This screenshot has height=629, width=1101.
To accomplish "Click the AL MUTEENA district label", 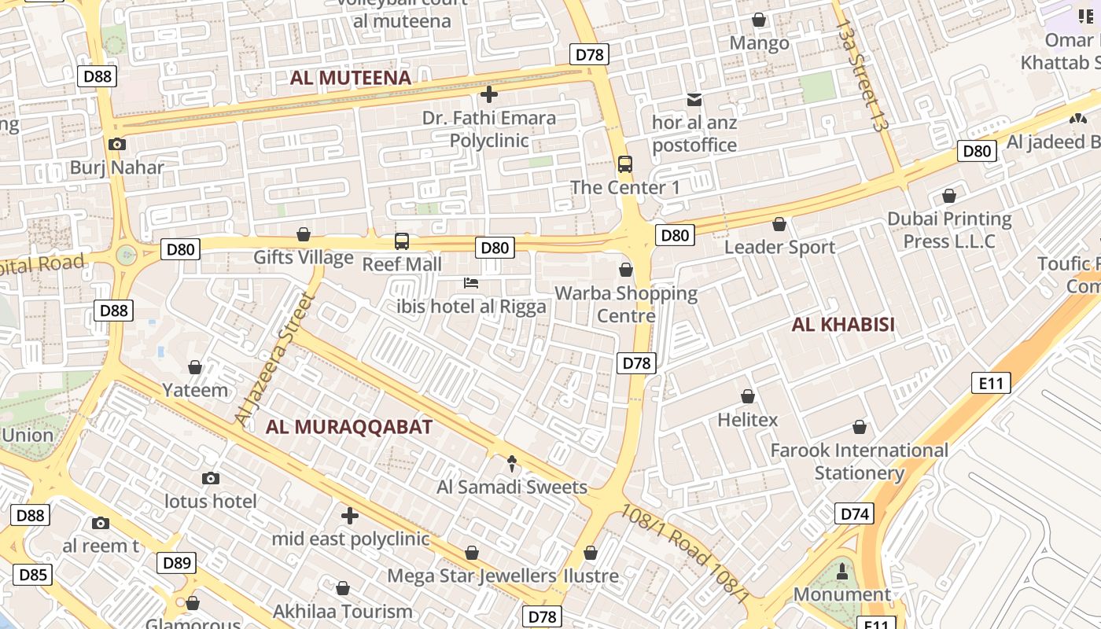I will pyautogui.click(x=351, y=78).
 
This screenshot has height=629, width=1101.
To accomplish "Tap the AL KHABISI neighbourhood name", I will pyautogui.click(x=843, y=325).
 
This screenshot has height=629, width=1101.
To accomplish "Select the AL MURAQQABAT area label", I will pyautogui.click(x=349, y=427).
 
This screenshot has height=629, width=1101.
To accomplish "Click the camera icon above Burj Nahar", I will pyautogui.click(x=117, y=144).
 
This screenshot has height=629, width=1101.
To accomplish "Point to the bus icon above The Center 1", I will pyautogui.click(x=625, y=164).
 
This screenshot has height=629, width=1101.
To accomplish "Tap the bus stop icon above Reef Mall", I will pyautogui.click(x=402, y=241).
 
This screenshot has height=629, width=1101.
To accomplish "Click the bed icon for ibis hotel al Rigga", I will pyautogui.click(x=471, y=283).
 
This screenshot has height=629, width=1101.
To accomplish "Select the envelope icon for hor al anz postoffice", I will pyautogui.click(x=694, y=99).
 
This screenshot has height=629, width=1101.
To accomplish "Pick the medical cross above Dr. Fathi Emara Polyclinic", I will pyautogui.click(x=488, y=95).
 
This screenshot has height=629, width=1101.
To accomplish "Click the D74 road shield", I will pyautogui.click(x=855, y=514).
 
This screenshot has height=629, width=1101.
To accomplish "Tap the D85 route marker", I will pyautogui.click(x=32, y=575).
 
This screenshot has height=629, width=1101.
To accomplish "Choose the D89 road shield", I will pyautogui.click(x=177, y=563).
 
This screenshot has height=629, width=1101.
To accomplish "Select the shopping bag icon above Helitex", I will pyautogui.click(x=748, y=396).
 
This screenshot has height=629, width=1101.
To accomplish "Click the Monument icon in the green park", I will pyautogui.click(x=842, y=571).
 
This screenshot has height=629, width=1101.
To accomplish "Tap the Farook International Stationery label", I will pyautogui.click(x=859, y=462).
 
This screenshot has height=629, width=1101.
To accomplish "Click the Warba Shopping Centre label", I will pyautogui.click(x=626, y=304).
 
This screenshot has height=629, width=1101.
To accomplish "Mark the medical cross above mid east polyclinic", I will pyautogui.click(x=350, y=516).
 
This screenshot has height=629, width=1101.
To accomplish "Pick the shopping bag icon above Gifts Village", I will pyautogui.click(x=304, y=234).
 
